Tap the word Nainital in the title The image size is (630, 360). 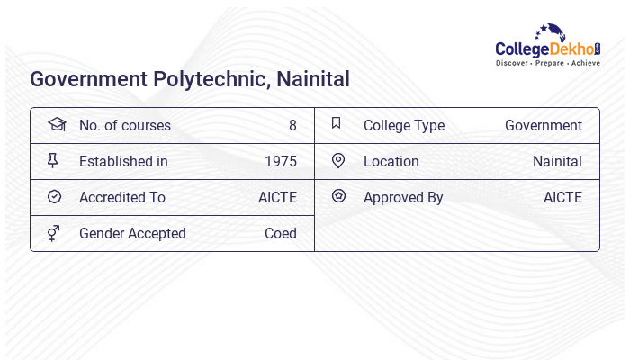(x=310, y=79)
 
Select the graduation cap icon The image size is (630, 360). (x=56, y=124)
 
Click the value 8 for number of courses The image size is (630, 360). (x=292, y=126)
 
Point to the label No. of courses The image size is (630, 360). (x=124, y=126)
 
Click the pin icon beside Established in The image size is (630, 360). (x=53, y=161)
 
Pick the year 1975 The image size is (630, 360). (x=280, y=162)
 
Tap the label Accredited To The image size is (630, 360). (x=121, y=198)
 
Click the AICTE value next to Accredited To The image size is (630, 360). (x=277, y=198)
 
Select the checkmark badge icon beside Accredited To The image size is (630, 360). (x=54, y=197)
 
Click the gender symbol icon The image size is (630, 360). (x=53, y=233)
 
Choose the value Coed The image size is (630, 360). (x=280, y=234)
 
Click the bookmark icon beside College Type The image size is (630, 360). (x=337, y=124)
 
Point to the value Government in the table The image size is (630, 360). (x=543, y=126)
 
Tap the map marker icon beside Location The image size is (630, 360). (x=338, y=161)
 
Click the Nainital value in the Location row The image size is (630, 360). (x=557, y=162)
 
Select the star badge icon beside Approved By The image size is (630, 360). (x=338, y=196)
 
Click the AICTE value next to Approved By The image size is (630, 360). (x=562, y=198)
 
